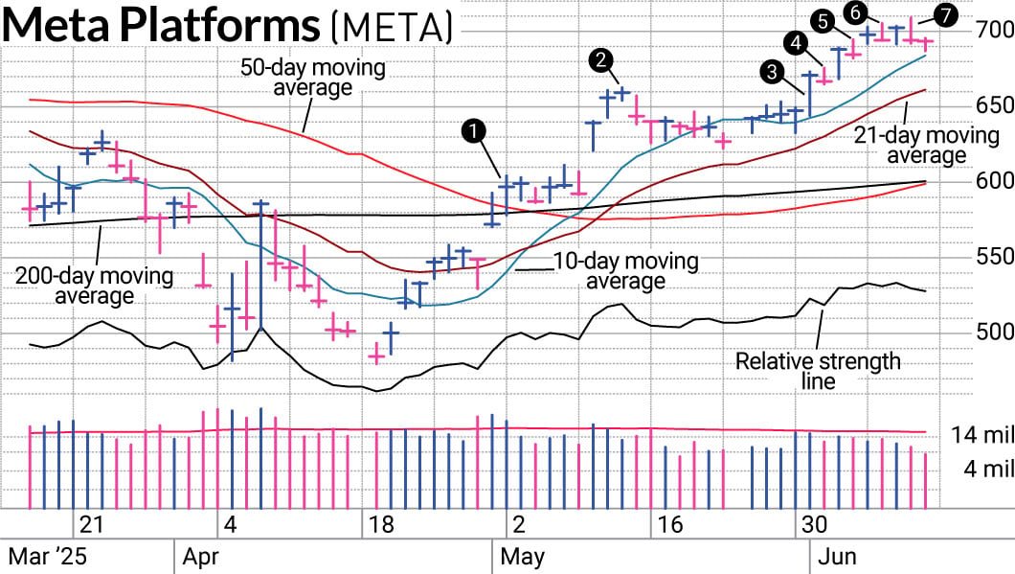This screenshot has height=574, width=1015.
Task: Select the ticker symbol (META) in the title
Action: (x=392, y=27)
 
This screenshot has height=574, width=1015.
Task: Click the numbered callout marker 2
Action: (x=600, y=60)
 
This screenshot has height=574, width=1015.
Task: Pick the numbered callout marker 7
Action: (x=946, y=14)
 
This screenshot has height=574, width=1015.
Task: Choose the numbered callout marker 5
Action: (x=822, y=20)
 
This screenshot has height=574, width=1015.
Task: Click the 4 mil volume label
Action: (x=986, y=469)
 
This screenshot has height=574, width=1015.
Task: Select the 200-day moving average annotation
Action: (x=94, y=286)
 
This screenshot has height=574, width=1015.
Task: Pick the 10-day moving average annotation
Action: (x=625, y=270)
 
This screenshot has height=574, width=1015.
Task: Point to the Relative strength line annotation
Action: (x=818, y=371)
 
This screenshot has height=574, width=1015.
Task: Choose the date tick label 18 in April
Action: (x=380, y=525)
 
